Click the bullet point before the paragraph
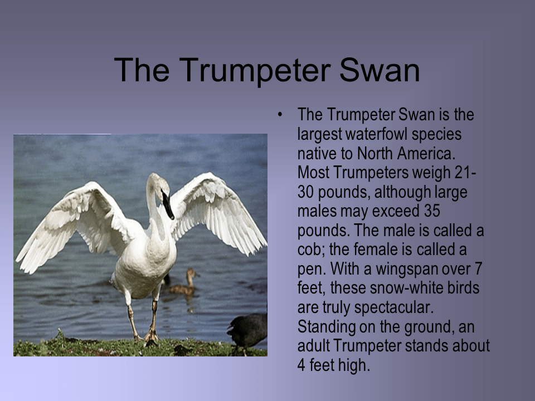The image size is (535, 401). [x=281, y=115]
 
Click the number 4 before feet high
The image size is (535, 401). [x=302, y=366]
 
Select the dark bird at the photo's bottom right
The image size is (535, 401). [x=248, y=332]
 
